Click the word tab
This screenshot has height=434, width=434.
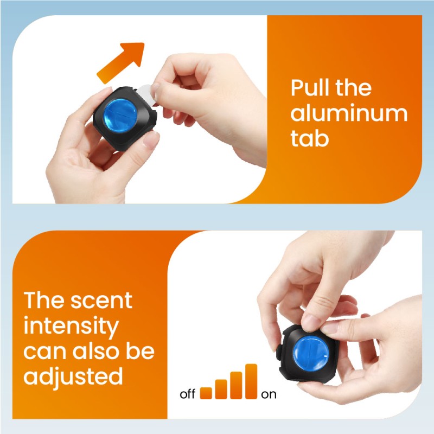[309, 138]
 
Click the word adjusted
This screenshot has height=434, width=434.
[73, 376]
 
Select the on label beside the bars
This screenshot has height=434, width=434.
[269, 394]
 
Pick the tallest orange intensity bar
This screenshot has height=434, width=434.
[251, 381]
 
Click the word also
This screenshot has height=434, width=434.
[93, 351]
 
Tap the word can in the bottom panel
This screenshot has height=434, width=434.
[43, 351]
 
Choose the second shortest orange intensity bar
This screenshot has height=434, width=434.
[221, 389]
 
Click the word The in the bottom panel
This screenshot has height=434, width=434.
[44, 301]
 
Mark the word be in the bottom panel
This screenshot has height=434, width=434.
[141, 351]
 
